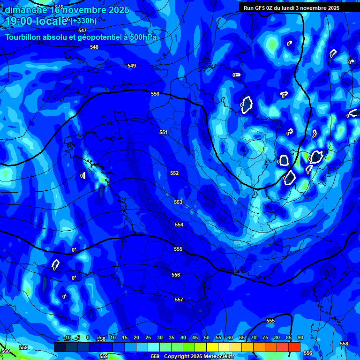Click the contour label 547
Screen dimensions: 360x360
tap(82, 30)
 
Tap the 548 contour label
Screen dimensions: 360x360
tap(94, 47)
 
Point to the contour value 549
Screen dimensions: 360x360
tap(132, 66)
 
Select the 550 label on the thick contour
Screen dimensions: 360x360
tap(155, 94)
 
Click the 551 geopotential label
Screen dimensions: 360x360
tap(163, 132)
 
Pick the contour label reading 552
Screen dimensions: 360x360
tap(174, 173)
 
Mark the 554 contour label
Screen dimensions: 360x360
tap(179, 225)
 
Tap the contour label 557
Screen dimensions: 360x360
tap(179, 299)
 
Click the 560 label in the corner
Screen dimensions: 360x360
tap(6, 351)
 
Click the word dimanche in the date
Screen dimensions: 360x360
tap(26, 9)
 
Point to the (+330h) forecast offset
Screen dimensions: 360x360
tap(84, 21)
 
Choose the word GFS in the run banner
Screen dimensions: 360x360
tap(261, 8)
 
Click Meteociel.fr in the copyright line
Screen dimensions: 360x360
tap(207, 356)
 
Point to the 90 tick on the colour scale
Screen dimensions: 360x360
tap(300, 337)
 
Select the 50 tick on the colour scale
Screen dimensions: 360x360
tap(206, 337)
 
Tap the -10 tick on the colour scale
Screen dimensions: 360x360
tap(67, 337)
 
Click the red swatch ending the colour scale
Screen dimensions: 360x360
tap(294, 347)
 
